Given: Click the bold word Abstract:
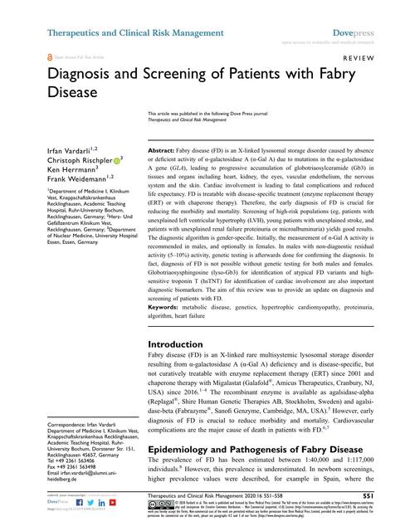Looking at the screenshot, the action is [x=164, y=144].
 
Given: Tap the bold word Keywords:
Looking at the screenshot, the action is [x=165, y=284].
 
